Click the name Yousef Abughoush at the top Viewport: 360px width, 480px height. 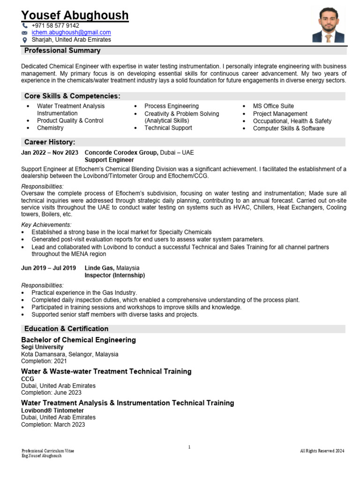[75, 15]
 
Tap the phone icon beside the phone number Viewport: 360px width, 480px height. [25, 25]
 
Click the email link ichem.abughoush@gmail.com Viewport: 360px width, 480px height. [71, 32]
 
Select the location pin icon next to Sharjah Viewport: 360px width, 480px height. [25, 40]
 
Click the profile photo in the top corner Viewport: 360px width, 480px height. [329, 25]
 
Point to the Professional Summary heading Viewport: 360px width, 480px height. [62, 51]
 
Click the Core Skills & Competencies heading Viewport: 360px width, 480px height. [72, 96]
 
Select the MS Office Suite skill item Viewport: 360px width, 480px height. [273, 106]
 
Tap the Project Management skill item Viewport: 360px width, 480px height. [280, 113]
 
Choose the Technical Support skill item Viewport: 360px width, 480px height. [168, 128]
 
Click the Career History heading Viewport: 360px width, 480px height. [50, 142]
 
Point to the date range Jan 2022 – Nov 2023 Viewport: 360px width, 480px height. [50, 152]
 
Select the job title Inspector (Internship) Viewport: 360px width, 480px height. [114, 275]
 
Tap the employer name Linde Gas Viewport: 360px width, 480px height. [100, 268]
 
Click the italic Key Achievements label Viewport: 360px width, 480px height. [46, 225]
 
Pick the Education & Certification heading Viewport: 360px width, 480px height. [66, 329]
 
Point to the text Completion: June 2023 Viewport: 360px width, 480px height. [51, 393]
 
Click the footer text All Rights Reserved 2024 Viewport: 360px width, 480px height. [322, 451]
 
